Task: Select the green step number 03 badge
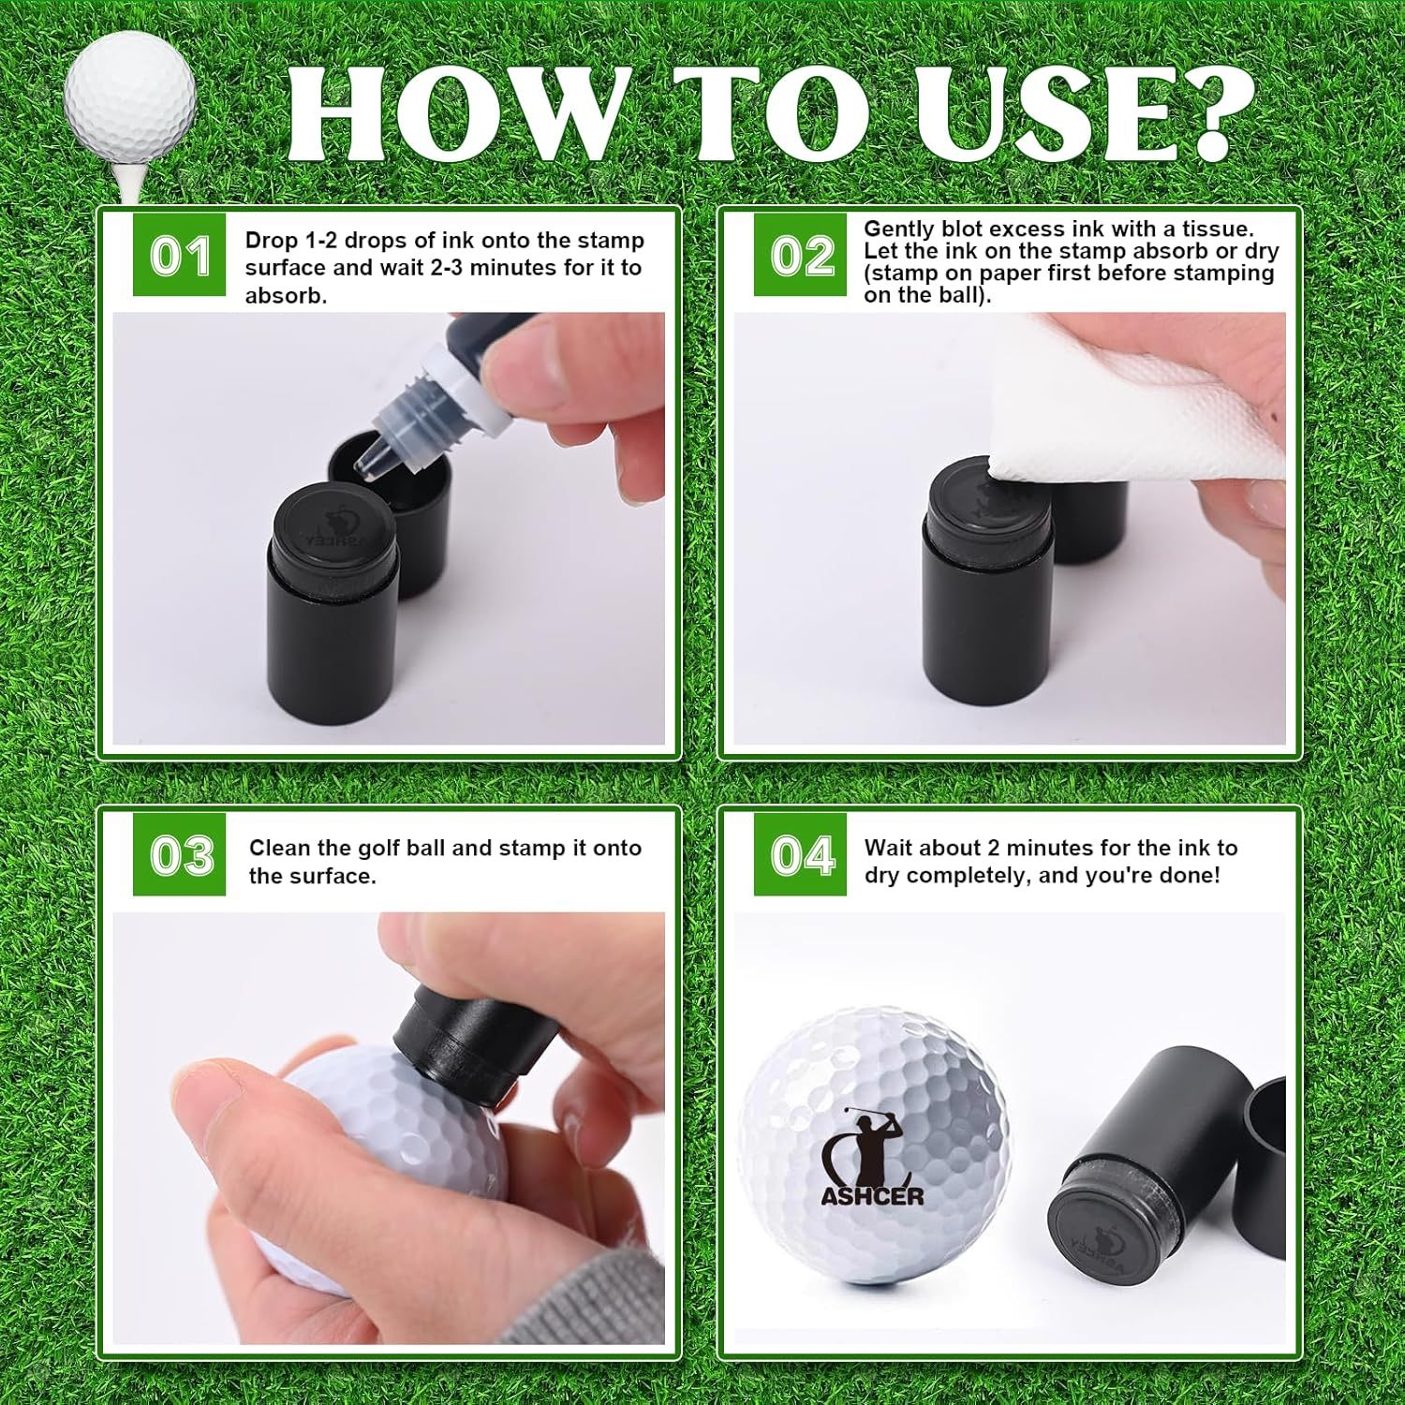pos(179,854)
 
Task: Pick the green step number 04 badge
pos(801,854)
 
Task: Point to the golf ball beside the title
pos(131,94)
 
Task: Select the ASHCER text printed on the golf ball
pos(872,1195)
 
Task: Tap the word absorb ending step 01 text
pos(286,296)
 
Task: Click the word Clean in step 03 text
pos(279,848)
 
